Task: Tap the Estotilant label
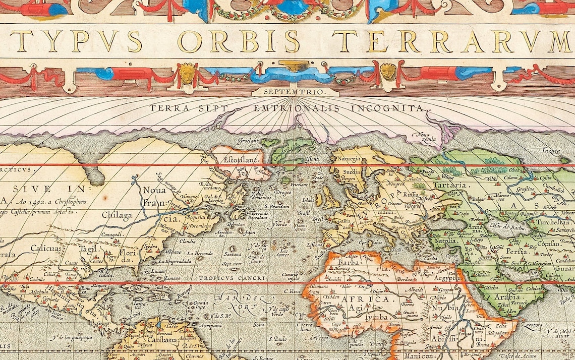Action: pos(241,159)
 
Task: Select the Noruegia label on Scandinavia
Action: pos(346,158)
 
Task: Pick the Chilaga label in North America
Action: pos(117,216)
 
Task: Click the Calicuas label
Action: pos(45,248)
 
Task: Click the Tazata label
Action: pos(550,151)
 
